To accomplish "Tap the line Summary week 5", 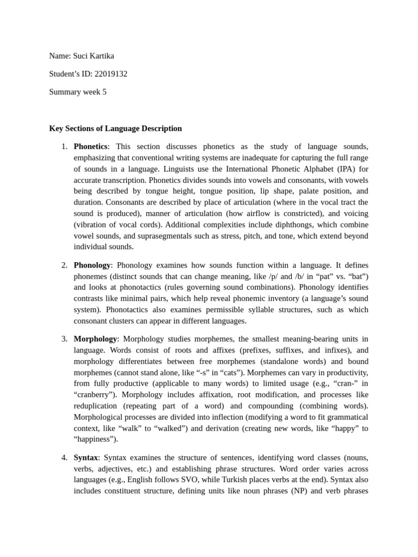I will [x=78, y=92].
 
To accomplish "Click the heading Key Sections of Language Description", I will [x=115, y=128].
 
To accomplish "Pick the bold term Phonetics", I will [x=90, y=146].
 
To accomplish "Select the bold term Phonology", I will [x=92, y=265].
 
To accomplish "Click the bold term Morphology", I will [x=95, y=339].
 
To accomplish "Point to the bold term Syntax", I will [x=86, y=457].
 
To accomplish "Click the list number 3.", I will [x=64, y=339].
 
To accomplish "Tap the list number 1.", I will [x=64, y=146].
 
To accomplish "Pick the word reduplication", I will [x=95, y=406].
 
